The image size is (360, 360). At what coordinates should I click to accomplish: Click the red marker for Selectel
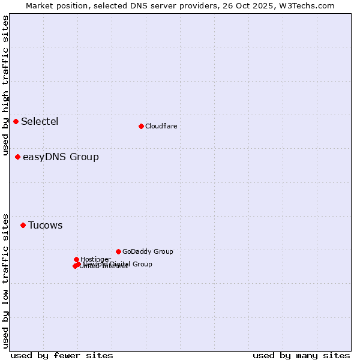16,122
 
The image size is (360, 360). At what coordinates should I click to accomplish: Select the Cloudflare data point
141,126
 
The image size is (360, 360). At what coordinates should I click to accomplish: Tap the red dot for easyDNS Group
18,157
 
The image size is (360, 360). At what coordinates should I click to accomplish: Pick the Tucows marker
23,226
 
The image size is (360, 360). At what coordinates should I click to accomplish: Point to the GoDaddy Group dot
118,251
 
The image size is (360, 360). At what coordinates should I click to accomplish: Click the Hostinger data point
76,259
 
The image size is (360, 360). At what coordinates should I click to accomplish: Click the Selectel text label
40,122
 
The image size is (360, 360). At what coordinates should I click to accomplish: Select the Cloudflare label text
161,126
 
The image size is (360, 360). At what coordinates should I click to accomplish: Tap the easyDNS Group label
61,157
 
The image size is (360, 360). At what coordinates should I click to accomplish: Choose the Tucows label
45,226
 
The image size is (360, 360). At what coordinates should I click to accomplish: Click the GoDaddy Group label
148,252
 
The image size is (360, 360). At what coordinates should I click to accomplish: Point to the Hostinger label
95,259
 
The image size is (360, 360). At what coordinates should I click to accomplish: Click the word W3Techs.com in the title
310,5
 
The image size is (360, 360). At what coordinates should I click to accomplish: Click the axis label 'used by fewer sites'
62,355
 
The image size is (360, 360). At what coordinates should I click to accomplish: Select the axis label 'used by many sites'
301,355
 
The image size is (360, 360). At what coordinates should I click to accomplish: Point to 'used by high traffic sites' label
6,86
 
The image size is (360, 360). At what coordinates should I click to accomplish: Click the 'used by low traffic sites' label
6,280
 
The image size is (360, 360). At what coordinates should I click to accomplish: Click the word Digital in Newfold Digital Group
122,264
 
